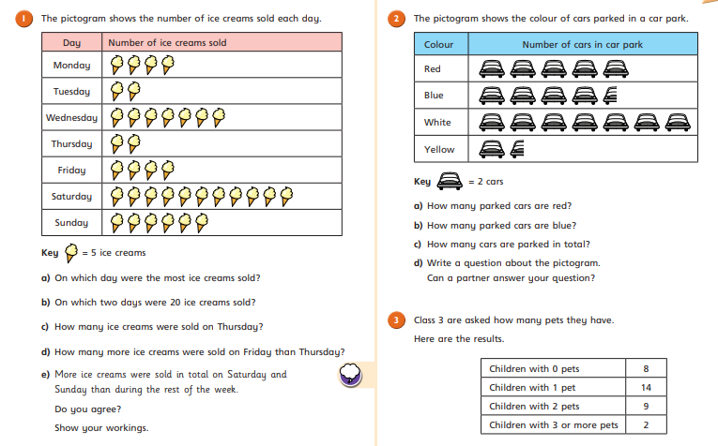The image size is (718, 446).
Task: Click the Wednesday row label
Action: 71,118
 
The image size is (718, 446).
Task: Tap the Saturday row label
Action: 71,197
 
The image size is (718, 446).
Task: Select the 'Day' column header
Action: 71,43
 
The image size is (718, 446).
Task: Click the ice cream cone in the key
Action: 71,253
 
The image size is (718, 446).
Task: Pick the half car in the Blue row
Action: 610,95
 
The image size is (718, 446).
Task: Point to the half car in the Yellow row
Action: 517,149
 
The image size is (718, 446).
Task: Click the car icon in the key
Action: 450,181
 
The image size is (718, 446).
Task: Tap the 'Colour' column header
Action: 438,44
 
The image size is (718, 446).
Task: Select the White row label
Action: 437,123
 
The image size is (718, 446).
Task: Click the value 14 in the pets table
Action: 646,388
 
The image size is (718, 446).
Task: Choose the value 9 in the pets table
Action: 646,407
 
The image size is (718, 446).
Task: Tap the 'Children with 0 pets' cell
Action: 534,369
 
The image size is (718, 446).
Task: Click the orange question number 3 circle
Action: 396,320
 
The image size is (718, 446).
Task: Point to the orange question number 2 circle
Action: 396,19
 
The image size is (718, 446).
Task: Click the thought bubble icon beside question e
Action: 350,374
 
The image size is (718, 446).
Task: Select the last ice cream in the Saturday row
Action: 286,196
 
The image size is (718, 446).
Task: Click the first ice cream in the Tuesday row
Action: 116,91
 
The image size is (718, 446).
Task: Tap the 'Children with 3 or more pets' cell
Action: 553,425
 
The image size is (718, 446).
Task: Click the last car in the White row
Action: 678,123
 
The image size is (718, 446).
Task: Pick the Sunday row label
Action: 71,223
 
